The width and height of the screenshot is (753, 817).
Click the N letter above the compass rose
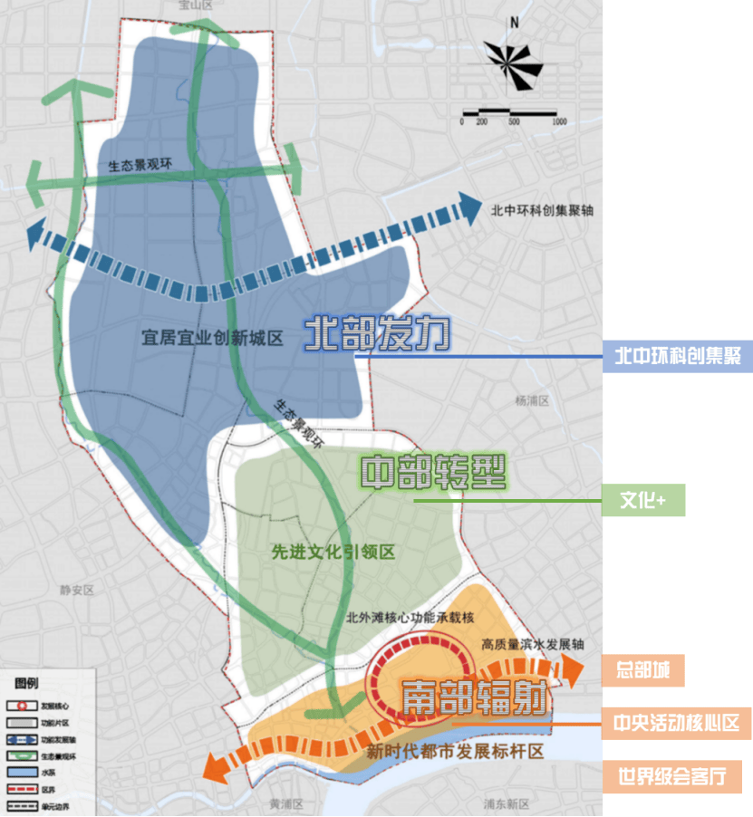[513, 23]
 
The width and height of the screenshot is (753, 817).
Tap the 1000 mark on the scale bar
[558, 120]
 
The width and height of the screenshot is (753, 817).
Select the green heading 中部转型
[432, 472]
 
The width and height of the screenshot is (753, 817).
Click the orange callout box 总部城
[643, 671]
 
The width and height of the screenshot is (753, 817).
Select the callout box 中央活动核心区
[677, 723]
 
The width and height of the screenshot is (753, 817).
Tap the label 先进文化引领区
[333, 552]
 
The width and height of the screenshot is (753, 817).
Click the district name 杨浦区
[532, 399]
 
